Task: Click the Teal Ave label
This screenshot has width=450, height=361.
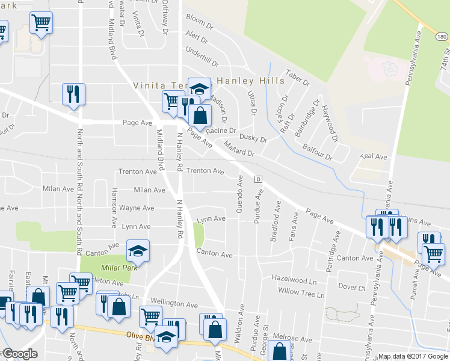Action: [373, 156]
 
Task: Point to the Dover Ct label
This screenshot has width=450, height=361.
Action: [352, 288]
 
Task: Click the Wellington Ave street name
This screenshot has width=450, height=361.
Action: [174, 305]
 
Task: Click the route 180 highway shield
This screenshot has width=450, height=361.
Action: [442, 37]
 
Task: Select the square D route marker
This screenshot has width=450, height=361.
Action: [258, 179]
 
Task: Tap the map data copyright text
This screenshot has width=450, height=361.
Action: [413, 356]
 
